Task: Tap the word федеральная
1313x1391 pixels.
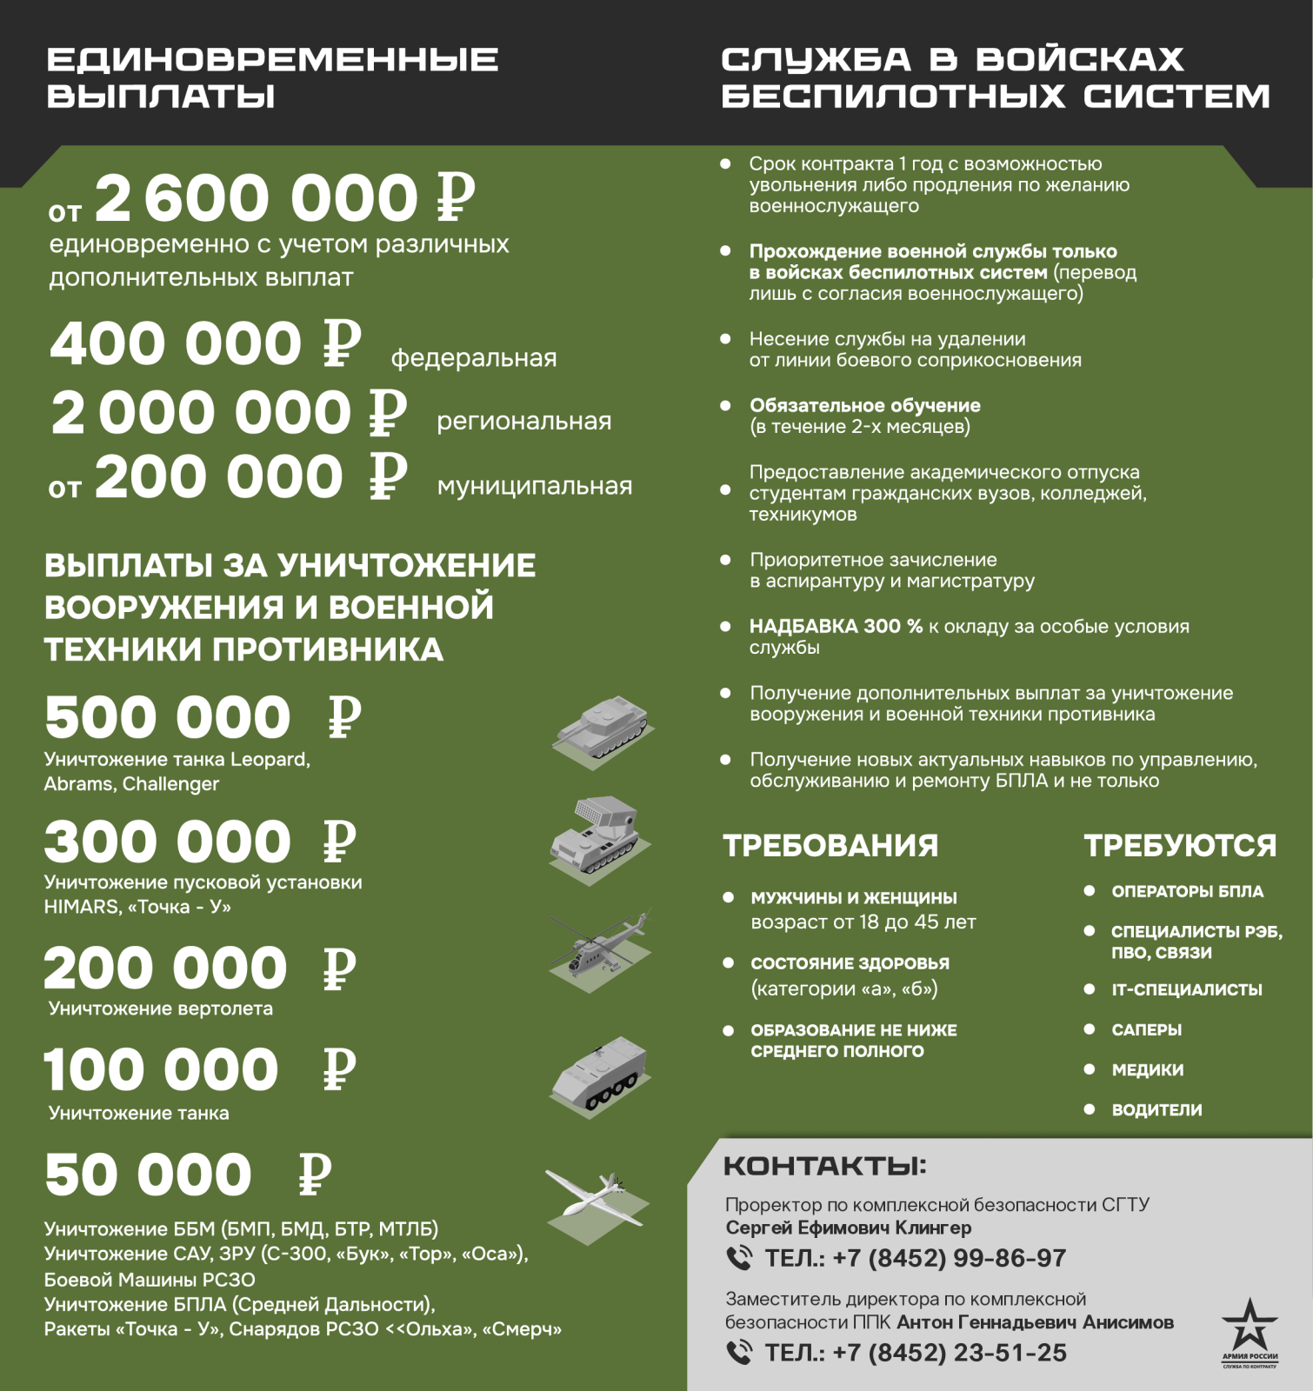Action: click(x=473, y=358)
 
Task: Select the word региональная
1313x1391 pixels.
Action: click(x=523, y=422)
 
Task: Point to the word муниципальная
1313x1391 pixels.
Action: click(x=534, y=486)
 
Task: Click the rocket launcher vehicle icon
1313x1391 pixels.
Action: click(x=600, y=838)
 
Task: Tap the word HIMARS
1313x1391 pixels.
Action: click(x=81, y=907)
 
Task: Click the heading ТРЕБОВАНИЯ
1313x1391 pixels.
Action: click(x=830, y=846)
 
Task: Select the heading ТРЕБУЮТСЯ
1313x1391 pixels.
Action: click(x=1180, y=846)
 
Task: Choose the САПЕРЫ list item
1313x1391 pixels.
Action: click(x=1146, y=1030)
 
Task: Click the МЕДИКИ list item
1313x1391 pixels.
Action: click(x=1147, y=1070)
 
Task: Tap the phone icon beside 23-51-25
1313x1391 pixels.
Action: click(x=739, y=1353)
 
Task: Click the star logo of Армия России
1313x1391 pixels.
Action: click(x=1250, y=1326)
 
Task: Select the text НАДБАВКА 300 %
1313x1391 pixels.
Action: click(x=836, y=627)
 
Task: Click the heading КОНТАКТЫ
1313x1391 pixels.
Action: click(x=824, y=1167)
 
